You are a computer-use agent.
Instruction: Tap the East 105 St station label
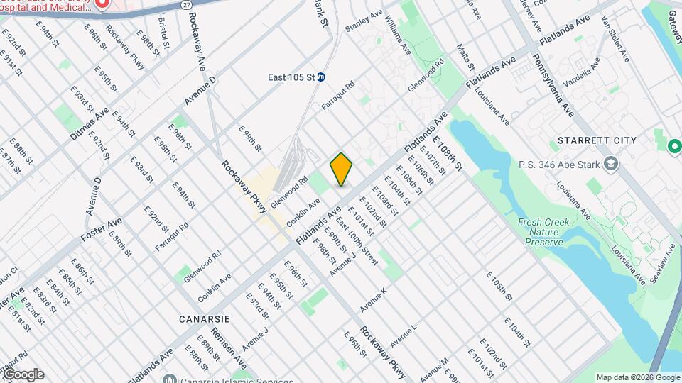pos(291,77)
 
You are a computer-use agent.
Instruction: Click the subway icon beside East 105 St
pos(321,77)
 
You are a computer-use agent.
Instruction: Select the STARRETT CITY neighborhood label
pos(597,140)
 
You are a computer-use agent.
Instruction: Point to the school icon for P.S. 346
pos(610,165)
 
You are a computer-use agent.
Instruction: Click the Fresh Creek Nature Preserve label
pos(543,232)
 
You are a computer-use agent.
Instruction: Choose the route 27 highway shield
pos(186,5)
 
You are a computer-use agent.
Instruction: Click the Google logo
pos(23,374)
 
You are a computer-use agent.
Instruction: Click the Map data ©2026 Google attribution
pos(637,377)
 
